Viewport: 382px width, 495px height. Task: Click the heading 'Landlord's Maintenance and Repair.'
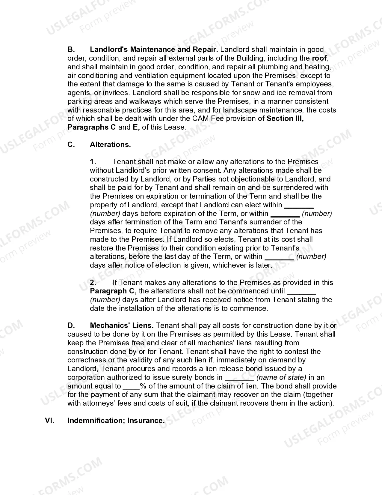(154, 49)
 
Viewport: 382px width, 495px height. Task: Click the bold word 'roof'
(319, 58)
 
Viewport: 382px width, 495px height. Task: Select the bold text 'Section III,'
(285, 118)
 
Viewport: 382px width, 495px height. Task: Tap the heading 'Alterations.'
(110, 145)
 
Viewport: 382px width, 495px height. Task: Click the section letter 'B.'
(71, 49)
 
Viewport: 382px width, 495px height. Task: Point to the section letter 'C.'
(71, 145)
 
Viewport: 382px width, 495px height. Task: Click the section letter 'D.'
(71, 325)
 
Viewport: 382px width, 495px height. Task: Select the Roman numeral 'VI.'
(49, 421)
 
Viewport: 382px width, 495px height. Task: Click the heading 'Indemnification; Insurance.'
(116, 421)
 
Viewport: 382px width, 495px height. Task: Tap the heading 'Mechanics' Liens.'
(122, 325)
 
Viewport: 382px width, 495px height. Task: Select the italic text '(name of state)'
(281, 377)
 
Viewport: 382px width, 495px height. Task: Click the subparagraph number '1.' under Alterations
(93, 162)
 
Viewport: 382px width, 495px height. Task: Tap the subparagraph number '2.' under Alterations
(93, 283)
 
